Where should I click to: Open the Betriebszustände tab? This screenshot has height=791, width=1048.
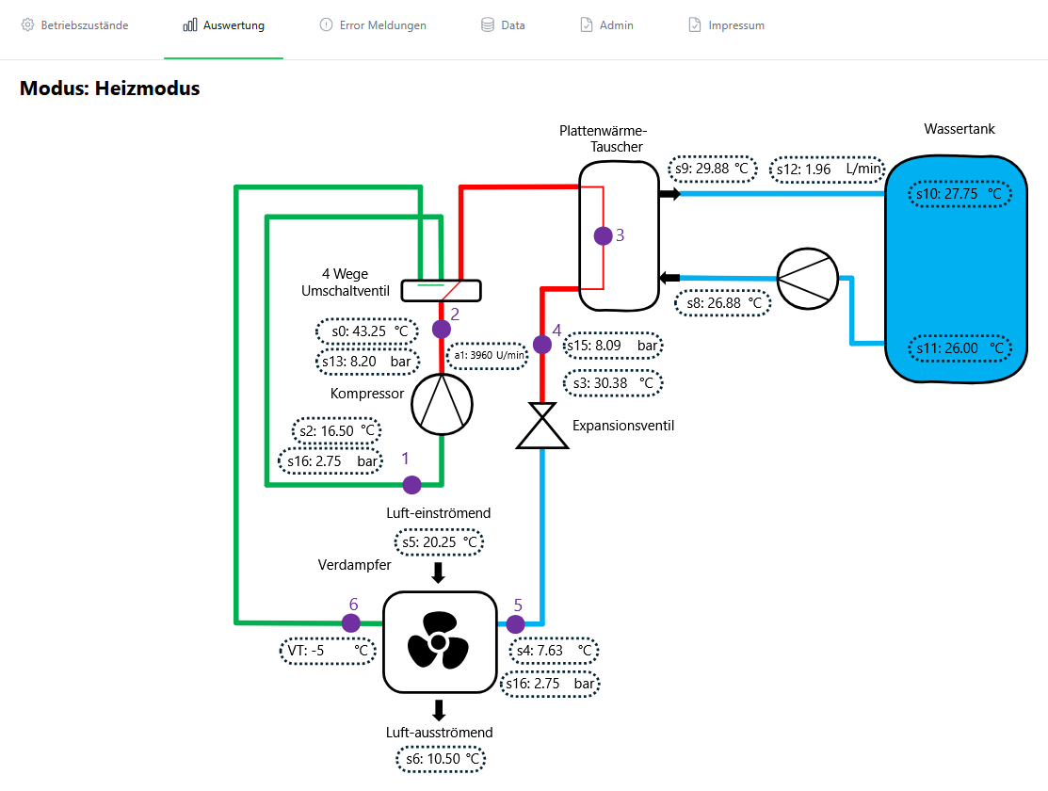[x=75, y=25]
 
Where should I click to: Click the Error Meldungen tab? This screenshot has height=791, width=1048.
[x=373, y=25]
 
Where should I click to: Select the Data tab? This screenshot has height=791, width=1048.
[x=503, y=25]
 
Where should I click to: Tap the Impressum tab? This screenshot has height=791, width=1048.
[x=727, y=25]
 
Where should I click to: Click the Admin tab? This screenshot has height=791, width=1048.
[x=607, y=25]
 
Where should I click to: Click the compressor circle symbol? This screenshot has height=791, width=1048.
[x=442, y=405]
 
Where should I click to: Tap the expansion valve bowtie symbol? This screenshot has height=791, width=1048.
[x=542, y=426]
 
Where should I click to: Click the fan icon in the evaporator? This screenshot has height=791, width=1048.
[x=439, y=641]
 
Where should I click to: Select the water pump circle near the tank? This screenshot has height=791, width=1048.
[x=807, y=279]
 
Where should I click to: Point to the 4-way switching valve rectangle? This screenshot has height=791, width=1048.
[x=441, y=291]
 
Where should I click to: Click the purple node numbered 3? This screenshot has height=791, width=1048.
[x=603, y=235]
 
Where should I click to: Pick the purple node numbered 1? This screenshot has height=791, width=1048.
[x=411, y=485]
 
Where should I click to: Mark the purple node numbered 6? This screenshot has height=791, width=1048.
[x=351, y=623]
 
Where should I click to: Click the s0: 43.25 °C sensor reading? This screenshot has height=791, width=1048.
[x=367, y=331]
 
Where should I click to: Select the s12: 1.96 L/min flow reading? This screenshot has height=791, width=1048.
[x=828, y=169]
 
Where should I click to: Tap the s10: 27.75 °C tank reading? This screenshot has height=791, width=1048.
[x=959, y=194]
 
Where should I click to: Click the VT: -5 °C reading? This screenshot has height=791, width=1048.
[x=329, y=651]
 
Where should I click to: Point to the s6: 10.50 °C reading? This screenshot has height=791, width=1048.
[x=441, y=759]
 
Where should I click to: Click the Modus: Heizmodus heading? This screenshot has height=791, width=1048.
[x=109, y=89]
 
